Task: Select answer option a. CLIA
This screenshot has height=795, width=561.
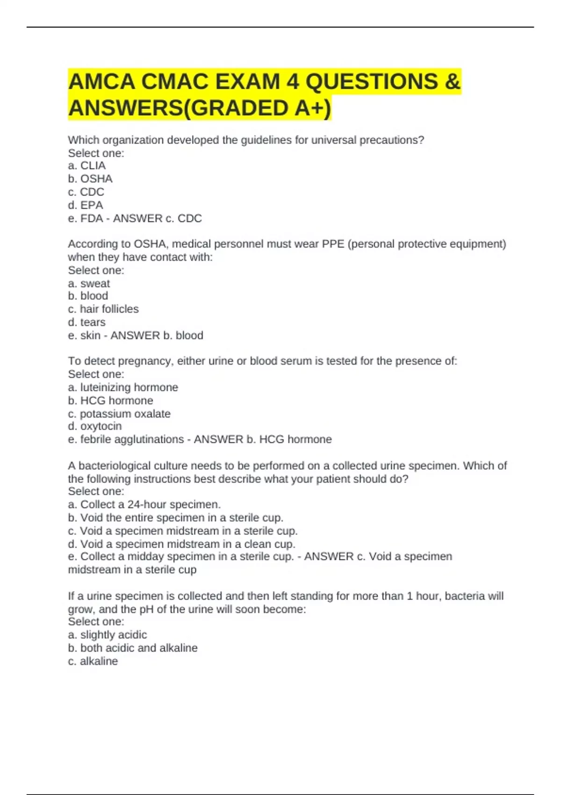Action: (87, 166)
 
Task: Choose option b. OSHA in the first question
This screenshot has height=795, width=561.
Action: (90, 179)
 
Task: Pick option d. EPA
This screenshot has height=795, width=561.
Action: (86, 205)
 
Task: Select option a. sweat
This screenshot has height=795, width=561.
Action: (89, 283)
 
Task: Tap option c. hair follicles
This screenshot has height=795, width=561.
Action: (103, 309)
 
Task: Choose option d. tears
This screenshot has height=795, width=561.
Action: (86, 322)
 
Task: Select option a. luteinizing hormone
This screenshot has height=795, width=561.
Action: (123, 387)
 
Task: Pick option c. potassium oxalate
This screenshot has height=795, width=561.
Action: (119, 414)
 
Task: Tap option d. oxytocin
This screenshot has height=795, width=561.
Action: (95, 426)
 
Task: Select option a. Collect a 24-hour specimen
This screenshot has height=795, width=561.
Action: (144, 505)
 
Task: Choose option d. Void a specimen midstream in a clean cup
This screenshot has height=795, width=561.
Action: (182, 544)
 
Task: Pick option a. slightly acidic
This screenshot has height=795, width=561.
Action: (108, 635)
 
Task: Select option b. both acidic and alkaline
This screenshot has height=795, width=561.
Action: (133, 648)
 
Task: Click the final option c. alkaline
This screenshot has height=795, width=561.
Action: (93, 661)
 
